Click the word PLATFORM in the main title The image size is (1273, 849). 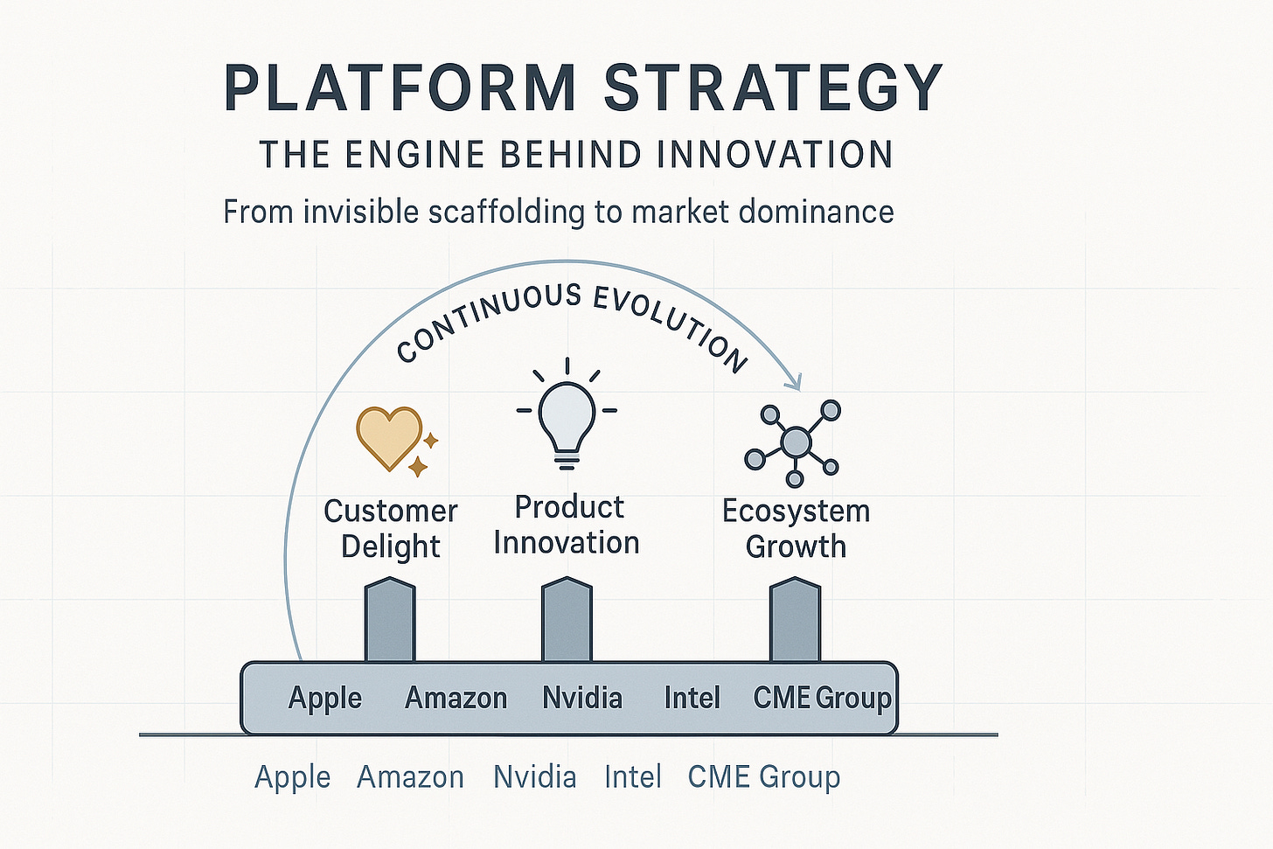click(x=400, y=87)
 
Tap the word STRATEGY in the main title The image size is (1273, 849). click(x=773, y=87)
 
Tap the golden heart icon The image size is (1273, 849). click(x=389, y=435)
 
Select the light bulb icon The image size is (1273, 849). click(x=567, y=418)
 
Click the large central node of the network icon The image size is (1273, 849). click(x=796, y=442)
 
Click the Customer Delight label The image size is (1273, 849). click(x=391, y=528)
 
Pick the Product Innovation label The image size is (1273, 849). click(x=567, y=525)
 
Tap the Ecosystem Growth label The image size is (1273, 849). click(x=796, y=528)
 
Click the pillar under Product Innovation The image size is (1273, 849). click(x=567, y=621)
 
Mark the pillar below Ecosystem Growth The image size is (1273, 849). click(x=795, y=621)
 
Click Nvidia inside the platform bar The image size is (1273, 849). click(x=582, y=698)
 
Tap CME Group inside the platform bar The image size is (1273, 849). click(x=822, y=698)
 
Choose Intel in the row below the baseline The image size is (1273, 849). click(x=633, y=776)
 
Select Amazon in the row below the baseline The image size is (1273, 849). click(x=410, y=776)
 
